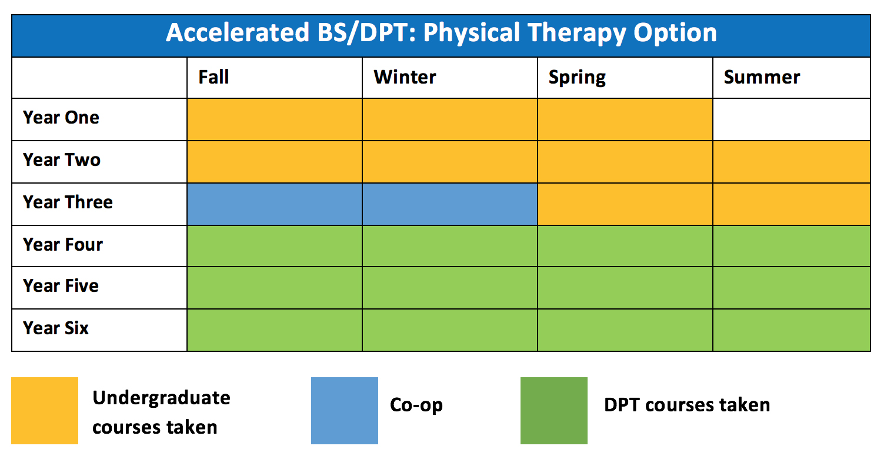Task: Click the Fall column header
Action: tap(214, 76)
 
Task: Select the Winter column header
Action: tap(405, 76)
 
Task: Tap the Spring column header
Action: tap(577, 78)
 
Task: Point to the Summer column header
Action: tap(762, 76)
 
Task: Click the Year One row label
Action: tap(61, 117)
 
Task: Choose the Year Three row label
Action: tap(68, 202)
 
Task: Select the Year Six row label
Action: tap(56, 328)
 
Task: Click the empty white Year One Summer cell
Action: tap(791, 119)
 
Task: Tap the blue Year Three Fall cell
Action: tap(275, 204)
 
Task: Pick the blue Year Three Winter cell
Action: tap(450, 204)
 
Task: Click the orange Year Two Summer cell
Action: tap(791, 162)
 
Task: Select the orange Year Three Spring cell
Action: tap(625, 204)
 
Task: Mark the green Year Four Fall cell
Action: tap(275, 246)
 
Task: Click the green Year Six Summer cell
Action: tap(791, 330)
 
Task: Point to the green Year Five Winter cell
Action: tap(450, 288)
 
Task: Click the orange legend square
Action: tap(45, 411)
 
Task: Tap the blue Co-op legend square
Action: tap(345, 411)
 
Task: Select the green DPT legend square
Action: tap(554, 411)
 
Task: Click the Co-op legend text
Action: tap(416, 405)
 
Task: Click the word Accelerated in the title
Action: tap(238, 32)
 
